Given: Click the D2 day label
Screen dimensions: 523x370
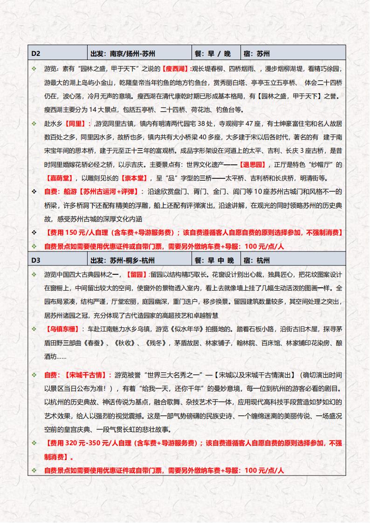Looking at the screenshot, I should [36, 54].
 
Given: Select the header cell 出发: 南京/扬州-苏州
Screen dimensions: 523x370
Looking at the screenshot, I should [123, 54].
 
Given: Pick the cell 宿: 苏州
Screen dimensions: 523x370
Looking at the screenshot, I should [257, 54].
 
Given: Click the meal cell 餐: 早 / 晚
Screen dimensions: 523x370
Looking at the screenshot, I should [212, 54].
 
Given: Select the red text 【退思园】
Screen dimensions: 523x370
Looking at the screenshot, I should [252, 164].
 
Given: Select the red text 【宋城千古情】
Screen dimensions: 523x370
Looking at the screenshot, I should [88, 374].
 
